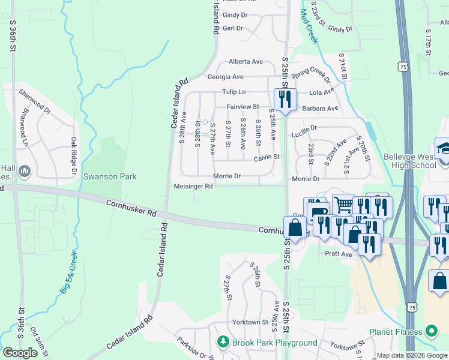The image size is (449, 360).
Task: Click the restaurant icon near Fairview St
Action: coord(284,98)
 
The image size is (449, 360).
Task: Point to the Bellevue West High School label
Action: coord(409,161)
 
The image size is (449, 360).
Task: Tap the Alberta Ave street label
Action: coord(246,62)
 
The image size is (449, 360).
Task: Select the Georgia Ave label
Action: coord(225,77)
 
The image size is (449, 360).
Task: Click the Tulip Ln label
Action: coord(234,92)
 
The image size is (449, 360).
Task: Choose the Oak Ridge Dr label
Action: coord(74,155)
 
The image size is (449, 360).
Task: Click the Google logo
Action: coord(20,353)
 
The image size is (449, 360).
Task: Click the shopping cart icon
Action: coord(343,205)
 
